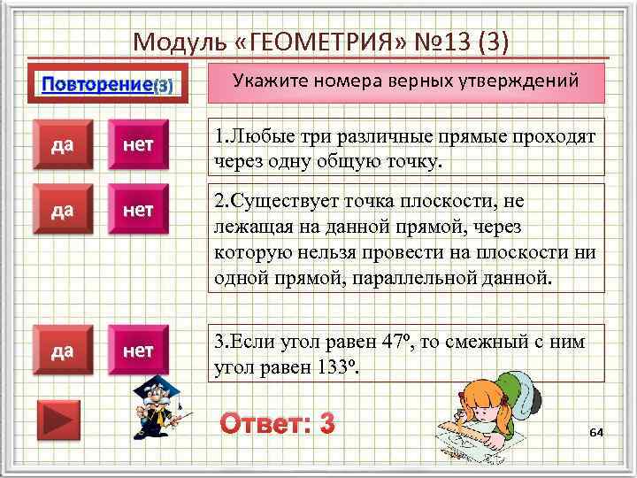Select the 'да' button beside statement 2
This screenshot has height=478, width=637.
click(63, 211)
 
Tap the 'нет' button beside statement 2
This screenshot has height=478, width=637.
click(138, 211)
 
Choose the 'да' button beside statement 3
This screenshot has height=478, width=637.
click(63, 351)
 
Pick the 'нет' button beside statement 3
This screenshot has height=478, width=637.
click(138, 351)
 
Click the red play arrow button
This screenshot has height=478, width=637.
click(58, 420)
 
